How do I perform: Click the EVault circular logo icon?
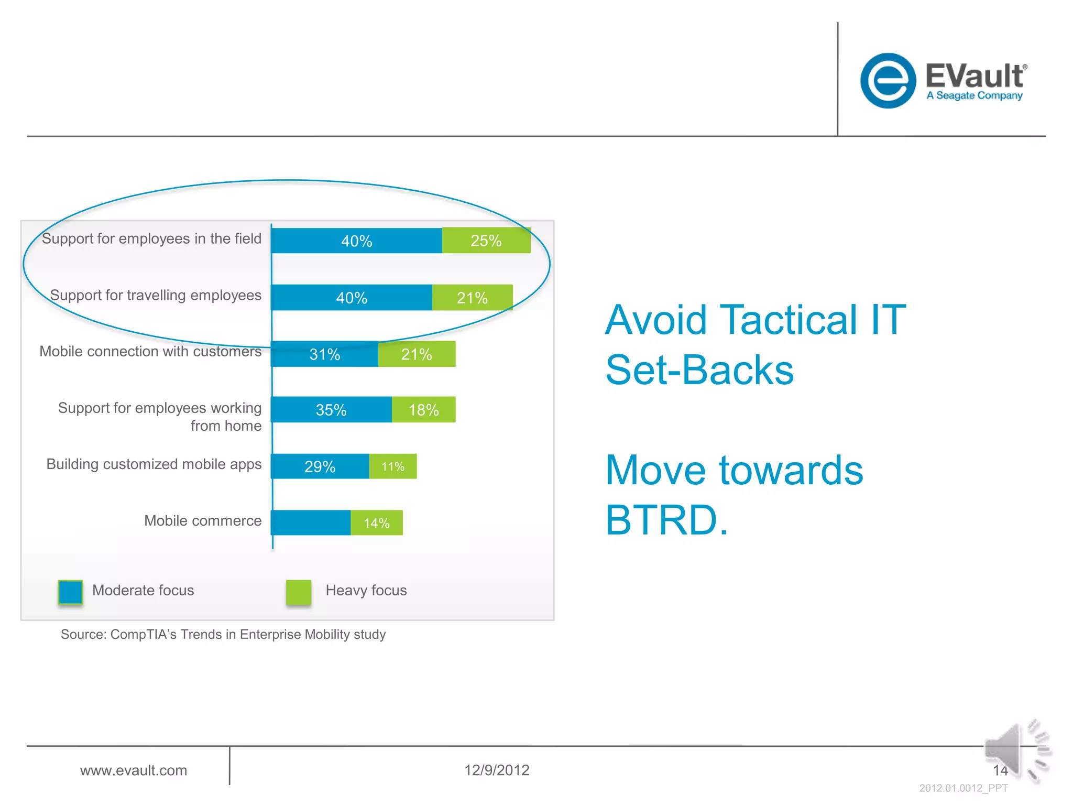click(x=888, y=81)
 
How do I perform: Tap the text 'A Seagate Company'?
click(x=974, y=95)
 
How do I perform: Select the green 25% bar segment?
click(x=486, y=241)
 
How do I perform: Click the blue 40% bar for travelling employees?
click(x=352, y=298)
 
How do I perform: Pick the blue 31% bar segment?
click(x=325, y=354)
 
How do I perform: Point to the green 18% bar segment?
click(x=423, y=410)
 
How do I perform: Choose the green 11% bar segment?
click(x=393, y=466)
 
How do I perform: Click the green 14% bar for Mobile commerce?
click(x=376, y=523)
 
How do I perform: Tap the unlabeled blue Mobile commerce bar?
click(x=311, y=523)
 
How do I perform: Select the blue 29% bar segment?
click(x=320, y=466)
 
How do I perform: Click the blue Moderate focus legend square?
click(x=71, y=592)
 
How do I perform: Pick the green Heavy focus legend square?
click(x=299, y=592)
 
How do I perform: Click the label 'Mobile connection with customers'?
click(x=150, y=351)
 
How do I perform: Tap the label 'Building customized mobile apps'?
click(x=154, y=464)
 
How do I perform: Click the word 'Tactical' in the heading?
click(x=788, y=320)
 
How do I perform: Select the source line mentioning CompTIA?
click(x=223, y=635)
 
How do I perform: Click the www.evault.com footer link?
click(x=134, y=770)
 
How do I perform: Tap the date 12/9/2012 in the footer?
click(x=497, y=770)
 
